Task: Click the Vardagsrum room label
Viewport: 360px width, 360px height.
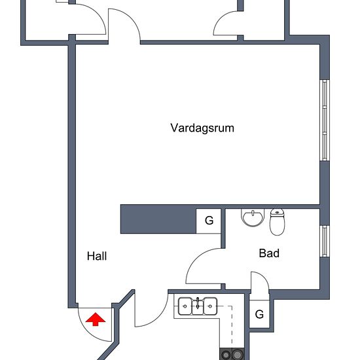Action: [x=202, y=128]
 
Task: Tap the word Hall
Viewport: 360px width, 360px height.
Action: [x=97, y=256]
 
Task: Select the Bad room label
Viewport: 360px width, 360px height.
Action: [x=269, y=253]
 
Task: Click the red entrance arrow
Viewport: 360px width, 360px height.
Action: [x=96, y=319]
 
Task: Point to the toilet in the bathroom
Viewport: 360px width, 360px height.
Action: [x=277, y=222]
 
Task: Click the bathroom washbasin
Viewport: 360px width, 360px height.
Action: [x=253, y=218]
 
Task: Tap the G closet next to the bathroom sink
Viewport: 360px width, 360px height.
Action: [x=209, y=221]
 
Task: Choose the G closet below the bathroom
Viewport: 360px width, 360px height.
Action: [x=259, y=314]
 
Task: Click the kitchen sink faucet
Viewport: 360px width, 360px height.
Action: [x=198, y=303]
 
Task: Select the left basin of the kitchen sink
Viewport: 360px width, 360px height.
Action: [x=185, y=306]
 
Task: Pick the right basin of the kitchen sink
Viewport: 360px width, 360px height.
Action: [x=210, y=306]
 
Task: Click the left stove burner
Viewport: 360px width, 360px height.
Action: [x=226, y=355]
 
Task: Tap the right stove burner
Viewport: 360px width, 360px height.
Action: [x=238, y=355]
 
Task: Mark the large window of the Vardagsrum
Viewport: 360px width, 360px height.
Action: [x=325, y=120]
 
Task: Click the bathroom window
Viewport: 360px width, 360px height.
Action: [x=325, y=241]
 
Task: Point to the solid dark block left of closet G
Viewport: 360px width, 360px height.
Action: [x=158, y=219]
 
